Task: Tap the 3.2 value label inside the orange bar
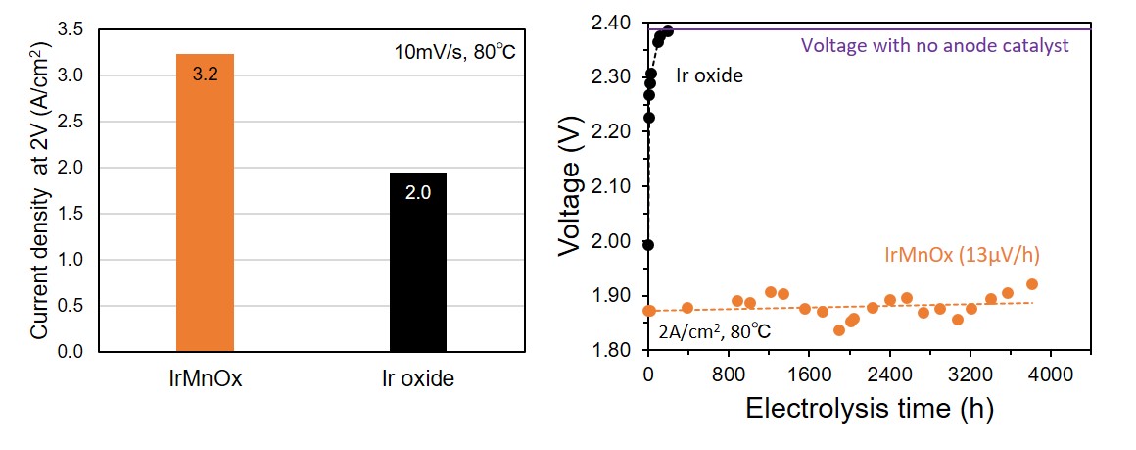coord(205,75)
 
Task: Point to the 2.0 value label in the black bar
coord(418,193)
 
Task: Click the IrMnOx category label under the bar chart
coord(205,378)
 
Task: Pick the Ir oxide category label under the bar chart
coord(418,378)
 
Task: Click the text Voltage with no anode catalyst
coord(934,45)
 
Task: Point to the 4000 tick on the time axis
coord(1050,373)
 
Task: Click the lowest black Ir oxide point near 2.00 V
coord(647,245)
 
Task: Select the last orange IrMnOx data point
coord(1031,284)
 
